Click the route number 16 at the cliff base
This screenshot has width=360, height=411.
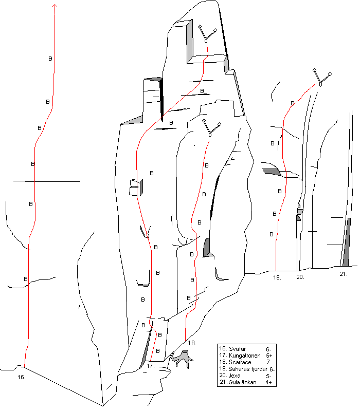pos(22,377)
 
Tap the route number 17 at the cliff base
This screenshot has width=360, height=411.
pos(151,366)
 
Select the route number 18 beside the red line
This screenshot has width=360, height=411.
pos(192,343)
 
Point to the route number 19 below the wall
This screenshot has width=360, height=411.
pos(277,277)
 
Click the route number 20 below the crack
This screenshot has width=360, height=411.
pos(300,277)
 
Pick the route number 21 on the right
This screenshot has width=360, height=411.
pos(344,274)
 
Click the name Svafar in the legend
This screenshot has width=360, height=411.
pos(237,349)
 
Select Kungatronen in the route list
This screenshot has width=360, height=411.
pos(245,356)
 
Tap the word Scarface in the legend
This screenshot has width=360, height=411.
pos(240,362)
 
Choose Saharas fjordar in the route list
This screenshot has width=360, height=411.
pos(248,369)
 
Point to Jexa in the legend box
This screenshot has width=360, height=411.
pos(235,376)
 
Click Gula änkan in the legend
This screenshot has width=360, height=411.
pos(242,382)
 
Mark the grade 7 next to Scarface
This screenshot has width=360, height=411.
pos(268,362)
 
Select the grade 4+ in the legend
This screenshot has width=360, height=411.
pos(268,382)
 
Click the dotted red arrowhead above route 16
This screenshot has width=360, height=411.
pos(55,6)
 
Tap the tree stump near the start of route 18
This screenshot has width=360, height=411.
pos(183,358)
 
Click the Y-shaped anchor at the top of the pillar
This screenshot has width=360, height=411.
pos(207,33)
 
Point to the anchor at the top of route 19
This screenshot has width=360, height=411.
pos(322,78)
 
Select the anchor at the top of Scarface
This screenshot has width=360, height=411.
pos(211,128)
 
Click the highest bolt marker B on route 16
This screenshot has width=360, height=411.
pos(50,59)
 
